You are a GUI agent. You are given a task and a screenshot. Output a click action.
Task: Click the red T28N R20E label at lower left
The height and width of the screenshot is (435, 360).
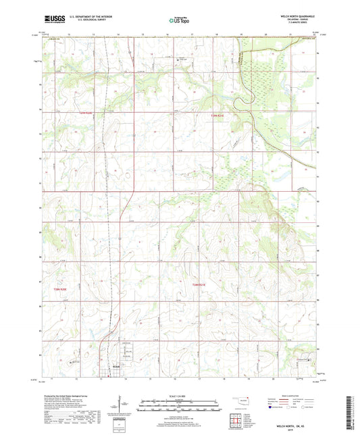pyautogui.click(x=61, y=288)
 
